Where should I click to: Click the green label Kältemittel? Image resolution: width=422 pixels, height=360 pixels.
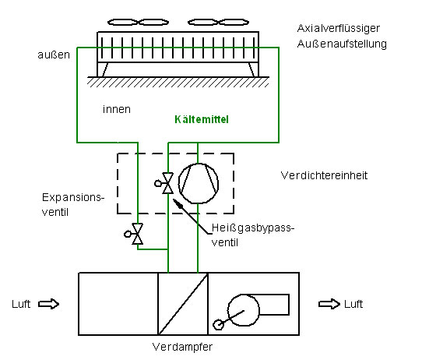(202, 119)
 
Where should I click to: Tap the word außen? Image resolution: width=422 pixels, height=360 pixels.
(54, 55)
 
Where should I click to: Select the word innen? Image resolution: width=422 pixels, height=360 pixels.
(117, 109)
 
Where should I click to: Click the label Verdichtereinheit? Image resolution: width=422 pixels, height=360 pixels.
(324, 175)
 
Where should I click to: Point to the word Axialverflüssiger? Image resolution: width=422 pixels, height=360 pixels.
(339, 29)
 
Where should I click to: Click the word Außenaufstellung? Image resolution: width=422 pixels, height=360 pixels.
(342, 44)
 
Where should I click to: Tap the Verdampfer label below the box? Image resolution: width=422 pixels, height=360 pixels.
(182, 347)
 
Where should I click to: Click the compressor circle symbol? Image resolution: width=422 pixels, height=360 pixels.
(198, 183)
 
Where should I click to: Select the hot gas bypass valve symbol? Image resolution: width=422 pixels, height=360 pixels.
(164, 183)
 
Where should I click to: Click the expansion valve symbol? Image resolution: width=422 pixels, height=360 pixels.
(134, 234)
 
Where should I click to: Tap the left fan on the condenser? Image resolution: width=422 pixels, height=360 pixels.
(138, 22)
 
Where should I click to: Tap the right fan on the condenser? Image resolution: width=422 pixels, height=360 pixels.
(218, 22)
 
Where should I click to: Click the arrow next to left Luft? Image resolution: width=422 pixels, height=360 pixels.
(48, 304)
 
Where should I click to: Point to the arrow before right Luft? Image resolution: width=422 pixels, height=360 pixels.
(329, 304)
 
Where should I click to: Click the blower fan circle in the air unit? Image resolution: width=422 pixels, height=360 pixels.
(244, 310)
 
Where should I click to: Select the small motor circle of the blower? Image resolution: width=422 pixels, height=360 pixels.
(218, 324)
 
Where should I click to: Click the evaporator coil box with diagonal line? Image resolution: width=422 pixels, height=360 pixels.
(183, 304)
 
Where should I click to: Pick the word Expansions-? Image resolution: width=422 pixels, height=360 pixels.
(73, 198)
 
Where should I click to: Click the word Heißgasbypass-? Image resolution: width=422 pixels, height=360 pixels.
(253, 228)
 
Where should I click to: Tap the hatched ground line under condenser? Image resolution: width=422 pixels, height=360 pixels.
(178, 82)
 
